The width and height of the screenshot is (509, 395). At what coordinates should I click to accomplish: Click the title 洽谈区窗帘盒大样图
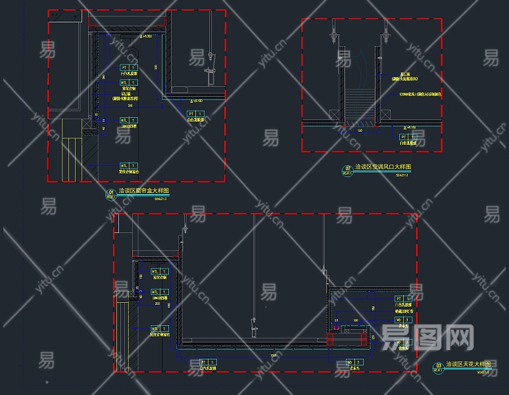coord(144,192)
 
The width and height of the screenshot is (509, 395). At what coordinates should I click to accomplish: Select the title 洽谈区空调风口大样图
coord(383,167)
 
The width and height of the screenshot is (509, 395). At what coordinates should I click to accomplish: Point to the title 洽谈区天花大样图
coord(469,363)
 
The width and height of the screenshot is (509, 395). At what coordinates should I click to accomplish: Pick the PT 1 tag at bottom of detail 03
coord(208,362)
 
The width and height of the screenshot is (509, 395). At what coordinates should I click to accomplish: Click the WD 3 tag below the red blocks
coord(354,361)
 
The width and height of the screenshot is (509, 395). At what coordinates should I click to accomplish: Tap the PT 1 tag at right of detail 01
coord(195,114)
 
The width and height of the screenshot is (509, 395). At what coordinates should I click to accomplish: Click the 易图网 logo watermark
coord(427,338)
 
